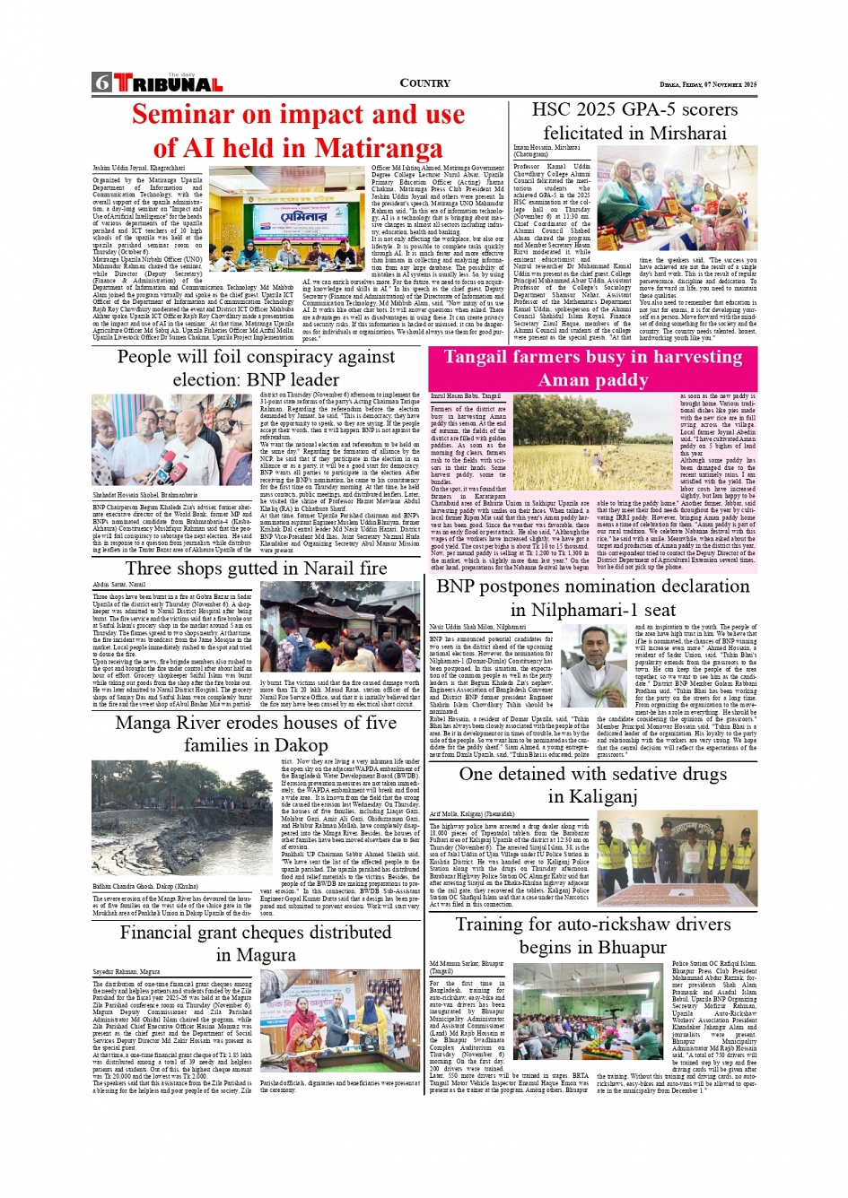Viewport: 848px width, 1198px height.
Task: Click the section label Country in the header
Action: coord(424,83)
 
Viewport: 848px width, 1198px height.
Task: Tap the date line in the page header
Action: coord(708,84)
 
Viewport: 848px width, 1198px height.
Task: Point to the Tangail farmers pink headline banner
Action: coord(592,368)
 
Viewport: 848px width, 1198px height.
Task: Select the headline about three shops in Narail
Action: coord(256,569)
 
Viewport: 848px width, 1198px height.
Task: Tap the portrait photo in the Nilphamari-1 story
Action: coord(595,665)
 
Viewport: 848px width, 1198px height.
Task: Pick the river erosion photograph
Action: coord(184,818)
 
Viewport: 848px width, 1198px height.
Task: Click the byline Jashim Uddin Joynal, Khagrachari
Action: coord(138,168)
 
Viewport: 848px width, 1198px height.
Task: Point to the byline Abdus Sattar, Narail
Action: coord(118,585)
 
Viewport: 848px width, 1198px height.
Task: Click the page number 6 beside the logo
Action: coord(101,83)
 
